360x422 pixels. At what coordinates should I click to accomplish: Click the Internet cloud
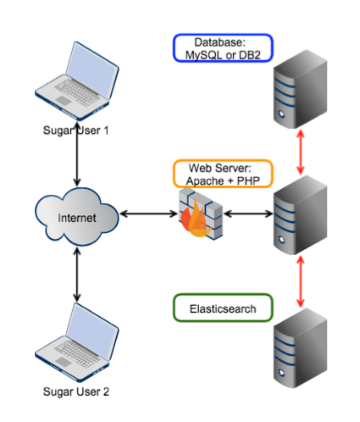pos(77,217)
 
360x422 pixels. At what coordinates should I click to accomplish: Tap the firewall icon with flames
pos(200,214)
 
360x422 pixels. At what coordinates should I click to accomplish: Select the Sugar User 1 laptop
pos(77,81)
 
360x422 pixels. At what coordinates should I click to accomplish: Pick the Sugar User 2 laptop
pos(77,342)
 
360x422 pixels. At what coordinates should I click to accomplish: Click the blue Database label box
pos(223,47)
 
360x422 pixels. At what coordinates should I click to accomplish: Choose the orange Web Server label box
pos(223,174)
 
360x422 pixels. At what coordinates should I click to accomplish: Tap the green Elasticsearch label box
pos(223,308)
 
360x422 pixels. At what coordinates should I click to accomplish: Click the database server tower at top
pos(300,89)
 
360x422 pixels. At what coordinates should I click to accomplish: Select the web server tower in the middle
pos(300,215)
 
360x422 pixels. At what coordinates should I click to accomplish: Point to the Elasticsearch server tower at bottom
pos(300,348)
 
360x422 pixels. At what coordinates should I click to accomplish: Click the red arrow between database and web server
pos(301,152)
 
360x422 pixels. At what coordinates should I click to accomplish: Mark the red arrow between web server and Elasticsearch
pos(301,281)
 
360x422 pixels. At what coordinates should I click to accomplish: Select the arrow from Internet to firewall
pos(149,214)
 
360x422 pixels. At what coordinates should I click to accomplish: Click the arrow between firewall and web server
pos(248,214)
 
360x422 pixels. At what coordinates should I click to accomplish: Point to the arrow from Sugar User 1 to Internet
pos(77,153)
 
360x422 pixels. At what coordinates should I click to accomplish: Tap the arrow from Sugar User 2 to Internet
pos(77,275)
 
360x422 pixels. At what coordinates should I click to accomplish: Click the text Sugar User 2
pos(76,391)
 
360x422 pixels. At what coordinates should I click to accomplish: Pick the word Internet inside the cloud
pos(77,218)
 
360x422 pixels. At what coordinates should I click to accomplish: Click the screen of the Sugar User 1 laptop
pos(92,70)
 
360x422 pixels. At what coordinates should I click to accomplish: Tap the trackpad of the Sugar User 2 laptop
pos(64,362)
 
